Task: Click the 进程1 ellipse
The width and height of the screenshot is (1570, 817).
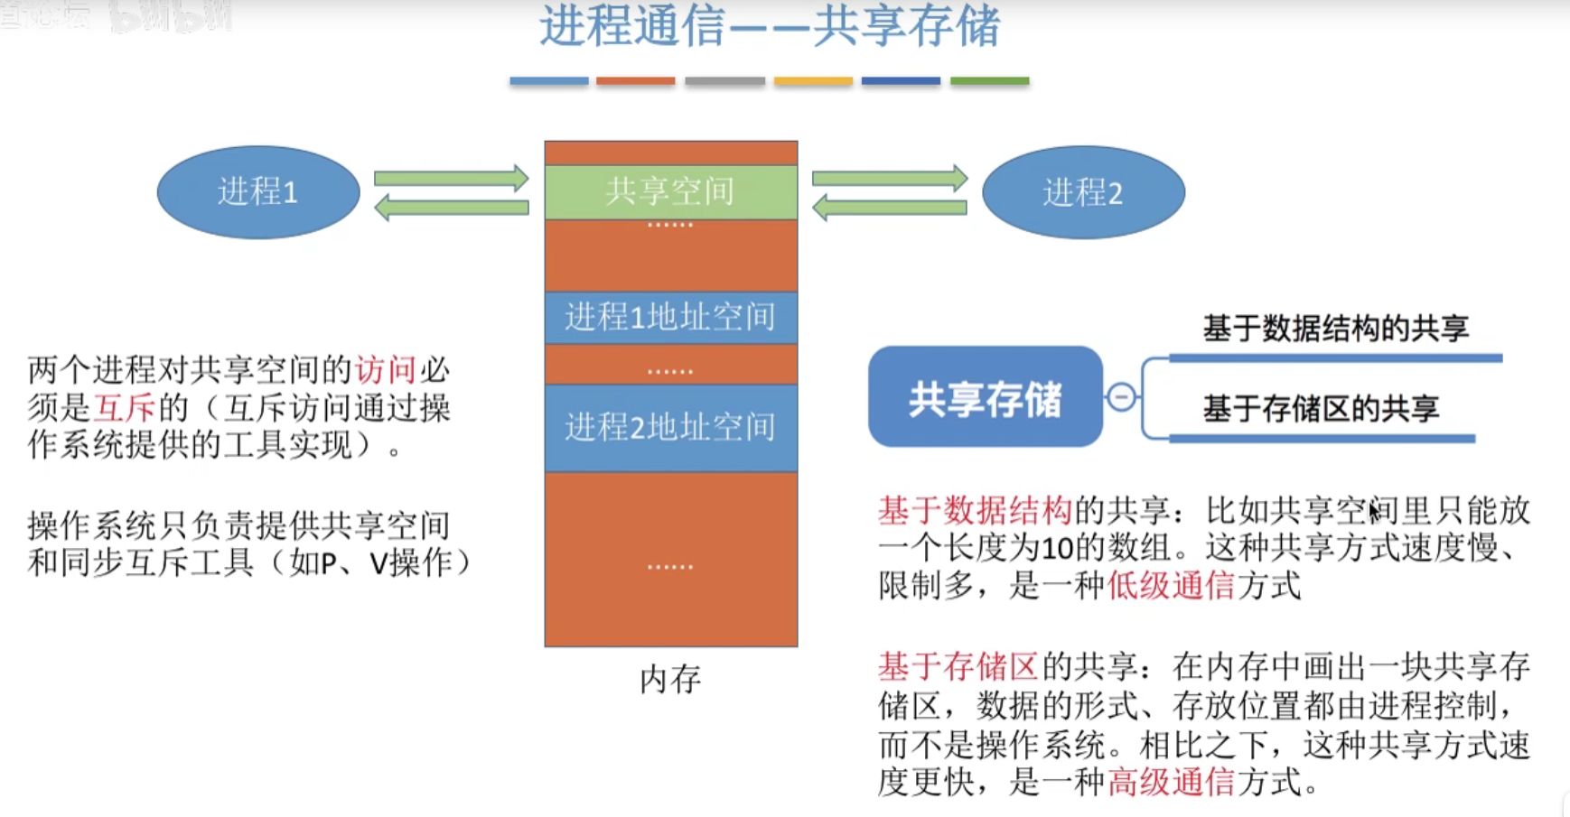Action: click(258, 192)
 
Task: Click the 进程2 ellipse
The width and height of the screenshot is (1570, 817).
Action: click(1083, 192)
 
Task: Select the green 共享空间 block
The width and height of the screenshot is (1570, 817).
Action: click(670, 191)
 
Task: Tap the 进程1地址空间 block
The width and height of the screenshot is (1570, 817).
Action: click(670, 317)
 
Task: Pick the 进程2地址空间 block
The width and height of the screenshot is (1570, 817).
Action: click(670, 427)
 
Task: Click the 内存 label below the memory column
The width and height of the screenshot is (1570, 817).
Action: click(670, 679)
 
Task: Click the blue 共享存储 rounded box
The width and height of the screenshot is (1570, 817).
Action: click(985, 397)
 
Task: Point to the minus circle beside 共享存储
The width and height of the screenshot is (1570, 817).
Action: click(1121, 397)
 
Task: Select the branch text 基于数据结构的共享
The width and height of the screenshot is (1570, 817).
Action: click(1335, 329)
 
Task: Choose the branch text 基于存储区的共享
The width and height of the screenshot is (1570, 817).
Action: click(1321, 409)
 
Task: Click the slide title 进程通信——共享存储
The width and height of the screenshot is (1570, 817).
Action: click(770, 26)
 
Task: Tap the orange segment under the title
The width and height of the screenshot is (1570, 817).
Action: click(635, 81)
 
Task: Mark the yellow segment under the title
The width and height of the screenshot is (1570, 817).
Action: click(813, 81)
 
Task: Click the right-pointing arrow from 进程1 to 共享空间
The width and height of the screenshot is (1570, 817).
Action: click(451, 178)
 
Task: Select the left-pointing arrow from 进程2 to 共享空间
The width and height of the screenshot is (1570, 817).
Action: click(889, 209)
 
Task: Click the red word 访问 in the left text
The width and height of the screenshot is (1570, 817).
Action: click(386, 370)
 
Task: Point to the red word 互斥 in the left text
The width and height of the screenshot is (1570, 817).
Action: click(126, 408)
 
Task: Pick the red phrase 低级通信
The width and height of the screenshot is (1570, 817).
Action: click(1171, 586)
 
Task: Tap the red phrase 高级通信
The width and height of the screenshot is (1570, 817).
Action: click(1171, 781)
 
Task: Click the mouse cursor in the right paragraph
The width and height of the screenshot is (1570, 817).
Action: click(1374, 512)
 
